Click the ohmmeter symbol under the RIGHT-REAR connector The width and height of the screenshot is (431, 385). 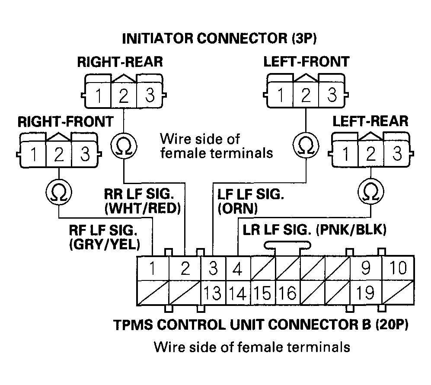[x=124, y=147]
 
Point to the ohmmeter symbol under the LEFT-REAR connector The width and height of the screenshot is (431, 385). [x=370, y=190]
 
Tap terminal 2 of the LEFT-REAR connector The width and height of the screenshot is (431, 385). [x=370, y=154]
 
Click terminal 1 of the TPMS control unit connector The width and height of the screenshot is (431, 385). [x=152, y=269]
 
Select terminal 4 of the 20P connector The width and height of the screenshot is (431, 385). [x=237, y=269]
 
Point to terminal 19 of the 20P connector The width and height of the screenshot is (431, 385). [x=365, y=293]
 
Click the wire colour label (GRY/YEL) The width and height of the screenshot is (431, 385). [x=104, y=245]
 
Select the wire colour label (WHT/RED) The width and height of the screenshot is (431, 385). [x=142, y=209]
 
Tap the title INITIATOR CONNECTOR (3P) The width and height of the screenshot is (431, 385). [x=220, y=38]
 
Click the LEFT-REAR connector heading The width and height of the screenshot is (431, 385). [x=370, y=121]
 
